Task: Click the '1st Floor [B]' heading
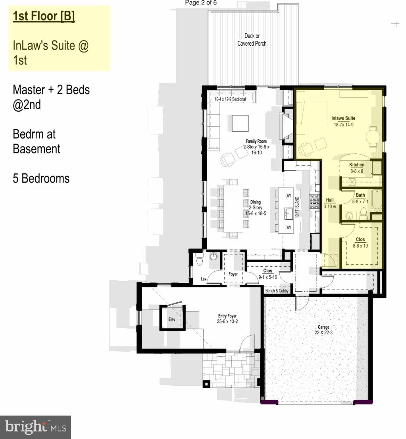pyautogui.click(x=44, y=16)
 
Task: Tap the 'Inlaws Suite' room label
pyautogui.click(x=343, y=118)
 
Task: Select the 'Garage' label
pyautogui.click(x=323, y=327)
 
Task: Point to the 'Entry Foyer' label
pyautogui.click(x=227, y=316)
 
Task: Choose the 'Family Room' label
pyautogui.click(x=256, y=141)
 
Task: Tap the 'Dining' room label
pyautogui.click(x=255, y=202)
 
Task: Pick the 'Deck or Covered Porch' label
pyautogui.click(x=252, y=39)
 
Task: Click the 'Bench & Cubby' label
pyautogui.click(x=277, y=290)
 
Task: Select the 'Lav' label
pyautogui.click(x=204, y=279)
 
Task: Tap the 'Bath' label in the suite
pyautogui.click(x=360, y=195)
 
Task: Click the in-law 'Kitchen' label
pyautogui.click(x=356, y=165)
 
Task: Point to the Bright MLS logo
pyautogui.click(x=35, y=427)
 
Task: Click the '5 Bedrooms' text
pyautogui.click(x=41, y=178)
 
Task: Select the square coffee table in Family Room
pyautogui.click(x=241, y=123)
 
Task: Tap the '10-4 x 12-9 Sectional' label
pyautogui.click(x=230, y=99)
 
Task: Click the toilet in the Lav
pyautogui.click(x=200, y=261)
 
